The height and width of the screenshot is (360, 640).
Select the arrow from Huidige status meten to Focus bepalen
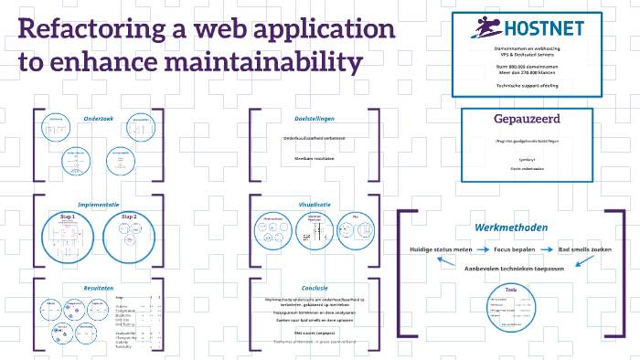tap(485, 249)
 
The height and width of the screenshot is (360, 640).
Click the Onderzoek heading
tap(98, 119)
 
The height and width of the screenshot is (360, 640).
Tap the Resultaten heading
tap(98, 286)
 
